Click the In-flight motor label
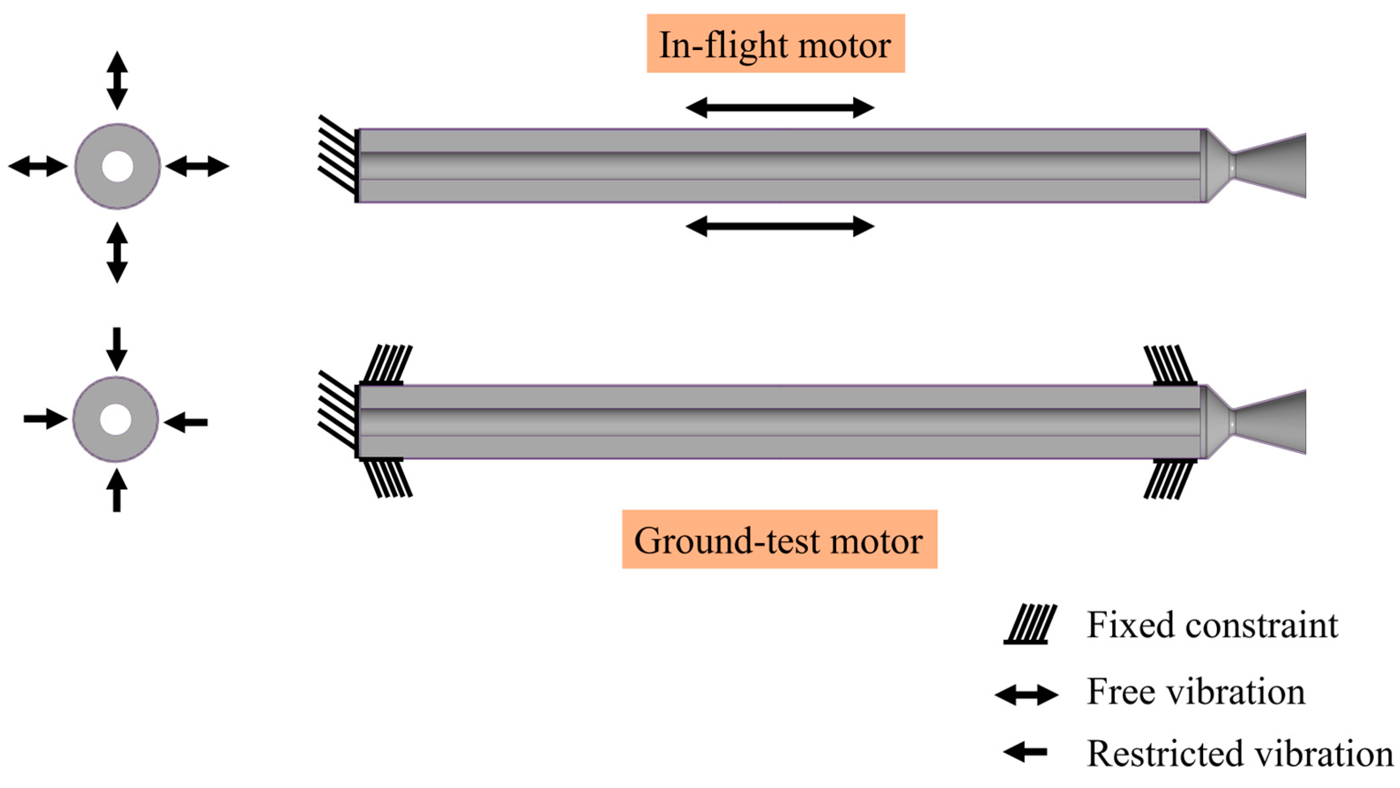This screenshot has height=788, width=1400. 775,44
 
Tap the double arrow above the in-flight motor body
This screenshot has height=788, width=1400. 780,107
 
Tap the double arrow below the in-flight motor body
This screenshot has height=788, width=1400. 780,226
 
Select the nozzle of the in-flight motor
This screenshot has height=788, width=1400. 1261,166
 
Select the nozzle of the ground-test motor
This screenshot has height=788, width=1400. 1261,422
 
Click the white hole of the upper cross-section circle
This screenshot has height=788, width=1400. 118,166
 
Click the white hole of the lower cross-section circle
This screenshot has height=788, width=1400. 116,420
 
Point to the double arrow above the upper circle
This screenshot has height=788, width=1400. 117,81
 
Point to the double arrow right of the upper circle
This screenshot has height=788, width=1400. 197,166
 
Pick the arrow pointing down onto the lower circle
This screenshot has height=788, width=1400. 116,349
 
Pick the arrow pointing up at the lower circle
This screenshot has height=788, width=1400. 116,490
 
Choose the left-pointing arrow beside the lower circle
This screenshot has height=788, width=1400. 186,422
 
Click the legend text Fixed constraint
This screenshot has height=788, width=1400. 1212,625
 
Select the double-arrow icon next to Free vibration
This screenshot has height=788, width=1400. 1026,695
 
